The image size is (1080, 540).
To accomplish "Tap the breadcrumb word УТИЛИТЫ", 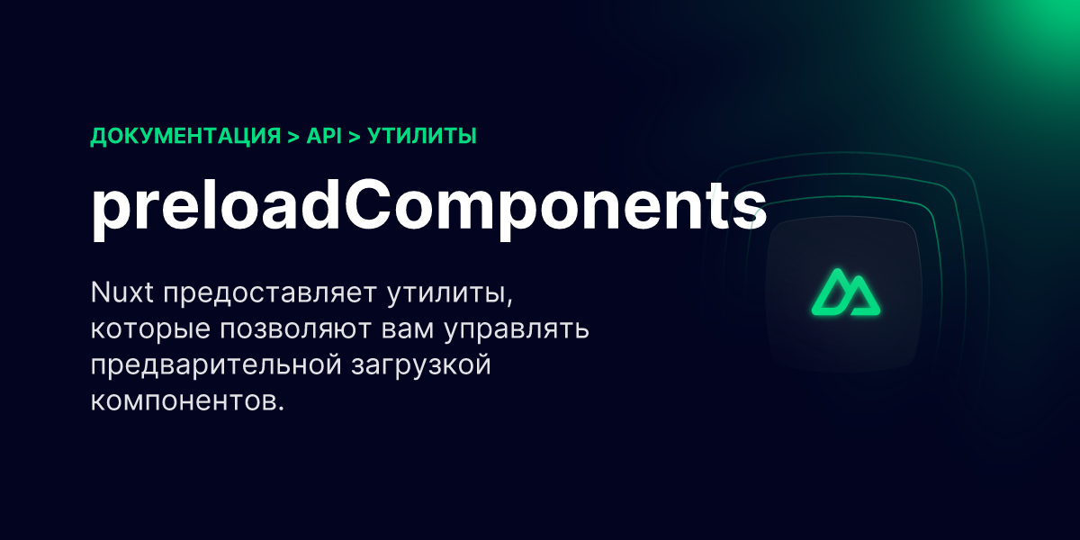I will (422, 137).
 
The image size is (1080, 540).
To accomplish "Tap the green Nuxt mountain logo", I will (844, 292).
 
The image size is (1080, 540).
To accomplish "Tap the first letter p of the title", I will (109, 216).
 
